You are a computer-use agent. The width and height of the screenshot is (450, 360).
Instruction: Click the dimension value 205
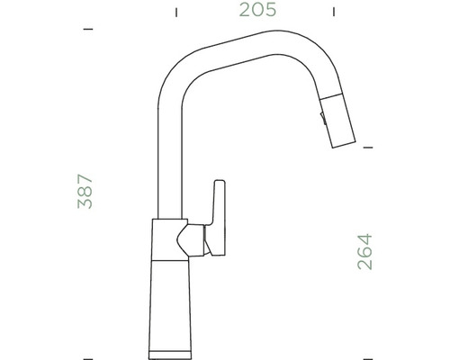[x=256, y=11]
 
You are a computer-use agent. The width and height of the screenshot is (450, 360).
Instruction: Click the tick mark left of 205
[x=176, y=12]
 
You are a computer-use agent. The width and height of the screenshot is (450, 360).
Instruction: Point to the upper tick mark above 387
[x=87, y=30]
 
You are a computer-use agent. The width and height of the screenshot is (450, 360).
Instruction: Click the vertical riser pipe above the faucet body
[x=167, y=162]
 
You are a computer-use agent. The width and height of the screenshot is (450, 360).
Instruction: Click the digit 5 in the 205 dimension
[x=269, y=11]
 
